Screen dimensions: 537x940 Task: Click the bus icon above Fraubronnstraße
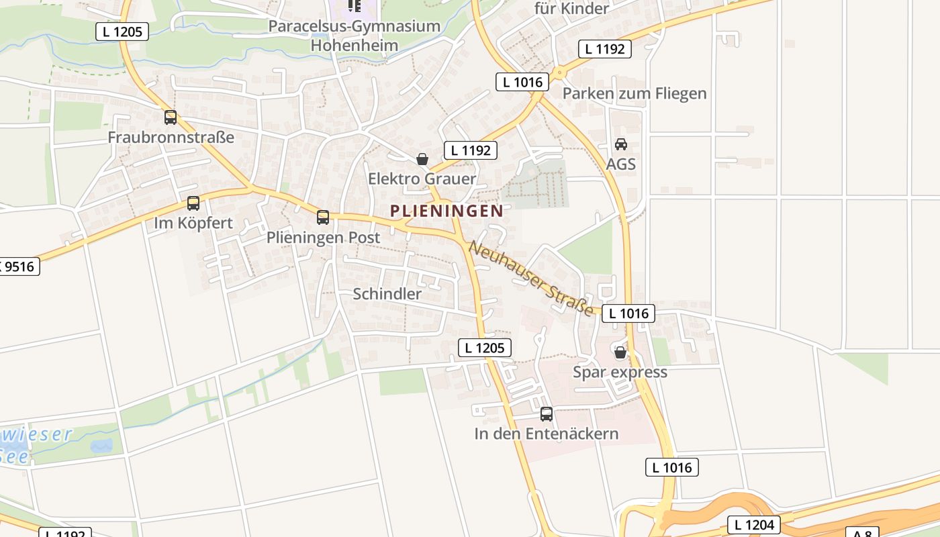pyautogui.click(x=171, y=117)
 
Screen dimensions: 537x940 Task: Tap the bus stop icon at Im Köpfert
pyautogui.click(x=193, y=203)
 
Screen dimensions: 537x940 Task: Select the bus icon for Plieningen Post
pyautogui.click(x=323, y=217)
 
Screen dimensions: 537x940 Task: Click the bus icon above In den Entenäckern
pyautogui.click(x=547, y=414)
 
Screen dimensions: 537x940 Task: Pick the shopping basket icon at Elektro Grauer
pyautogui.click(x=422, y=159)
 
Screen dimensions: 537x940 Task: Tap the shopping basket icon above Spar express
pyautogui.click(x=620, y=352)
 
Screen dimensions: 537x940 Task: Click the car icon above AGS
pyautogui.click(x=621, y=144)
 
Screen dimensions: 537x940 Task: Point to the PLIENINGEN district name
pyautogui.click(x=446, y=211)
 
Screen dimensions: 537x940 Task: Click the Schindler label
pyautogui.click(x=387, y=294)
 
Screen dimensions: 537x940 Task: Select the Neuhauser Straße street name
pyautogui.click(x=531, y=278)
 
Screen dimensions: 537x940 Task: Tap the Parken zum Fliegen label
pyautogui.click(x=634, y=93)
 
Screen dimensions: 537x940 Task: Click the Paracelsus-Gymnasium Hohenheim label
pyautogui.click(x=355, y=36)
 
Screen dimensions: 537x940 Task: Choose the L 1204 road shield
pyautogui.click(x=755, y=525)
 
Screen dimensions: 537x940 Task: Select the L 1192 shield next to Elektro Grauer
pyautogui.click(x=471, y=150)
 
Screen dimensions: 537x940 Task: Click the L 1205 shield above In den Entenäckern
pyautogui.click(x=485, y=348)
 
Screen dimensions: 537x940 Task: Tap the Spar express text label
pyautogui.click(x=620, y=372)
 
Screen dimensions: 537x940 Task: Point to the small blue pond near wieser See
pyautogui.click(x=101, y=446)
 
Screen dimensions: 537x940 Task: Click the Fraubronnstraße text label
pyautogui.click(x=171, y=138)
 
